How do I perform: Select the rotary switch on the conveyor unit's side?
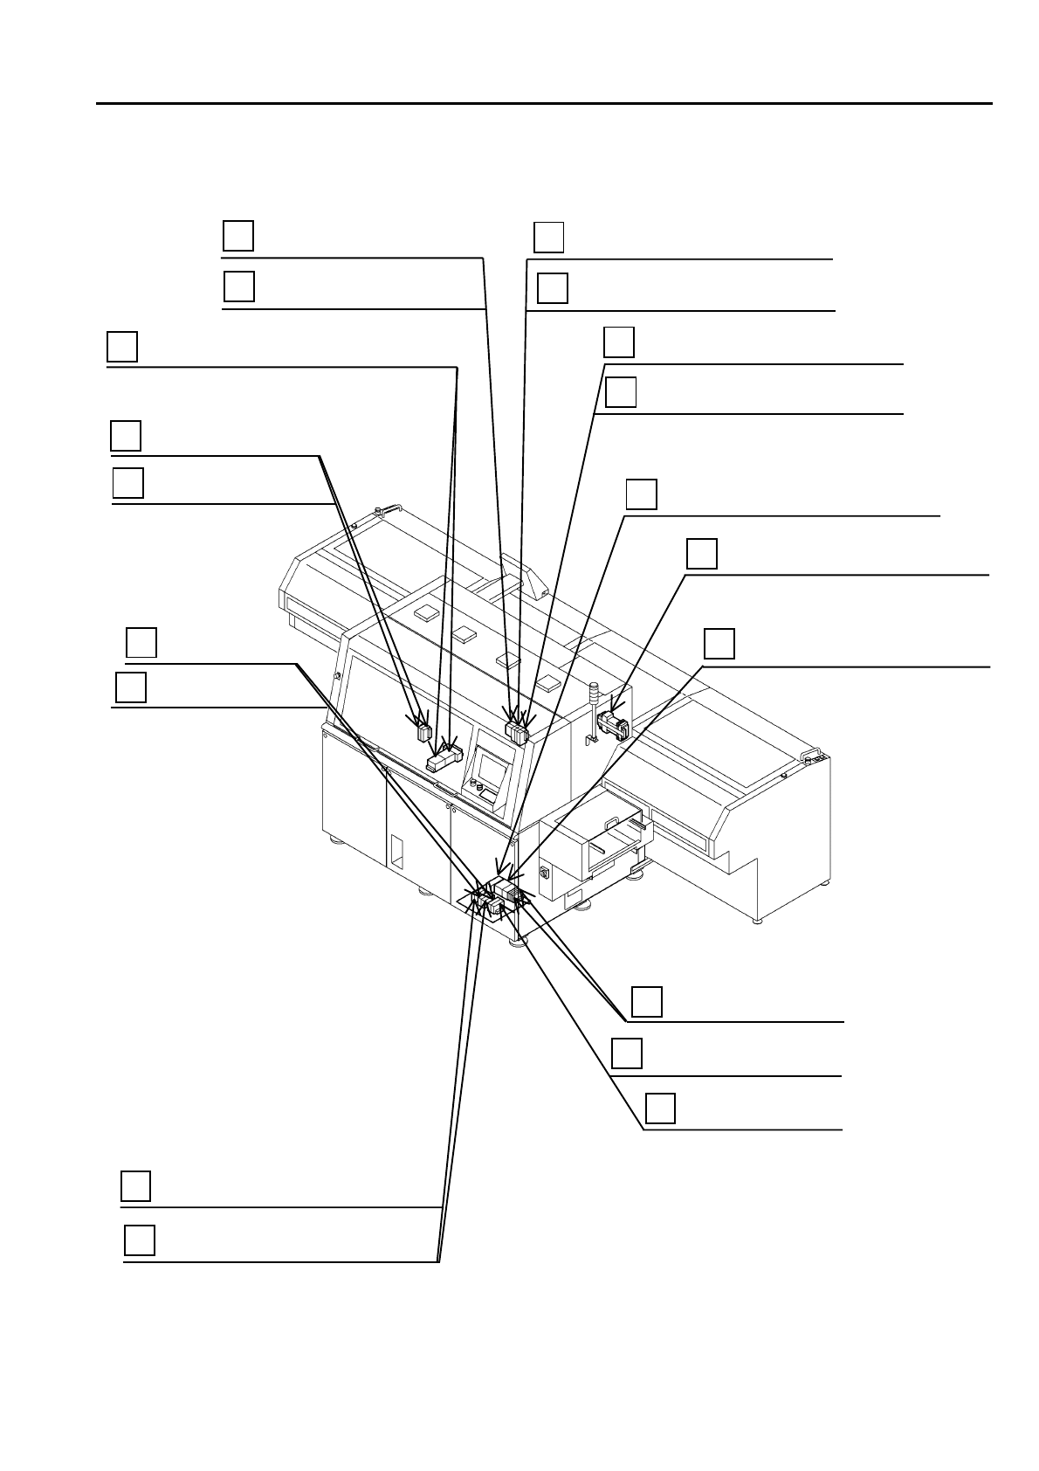pos(546,872)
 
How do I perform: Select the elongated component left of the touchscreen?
pos(443,759)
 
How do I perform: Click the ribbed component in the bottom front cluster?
pos(512,893)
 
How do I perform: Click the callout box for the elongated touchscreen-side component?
pos(122,346)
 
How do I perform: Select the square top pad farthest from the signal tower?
pos(427,612)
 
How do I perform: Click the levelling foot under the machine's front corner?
pos(518,941)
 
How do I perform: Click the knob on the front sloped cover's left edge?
pos(336,676)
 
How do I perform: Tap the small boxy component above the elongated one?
pos(424,731)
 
